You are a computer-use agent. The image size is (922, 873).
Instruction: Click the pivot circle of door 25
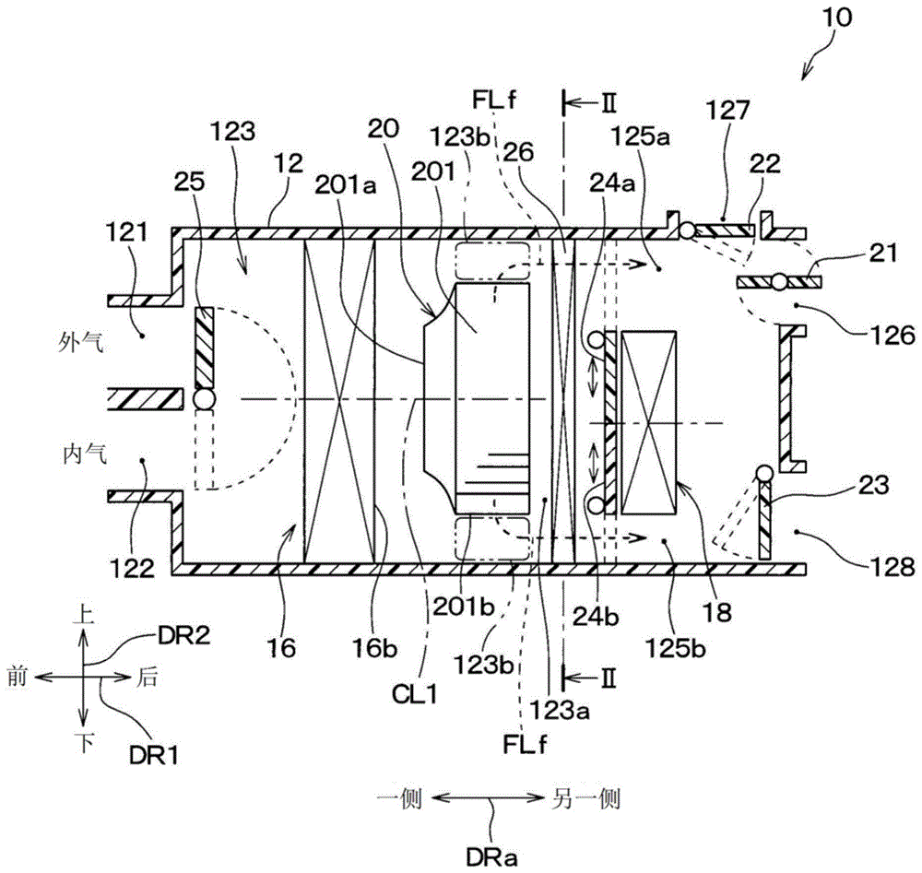coord(202,400)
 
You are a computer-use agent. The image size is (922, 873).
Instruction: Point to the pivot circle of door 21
coord(781,280)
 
